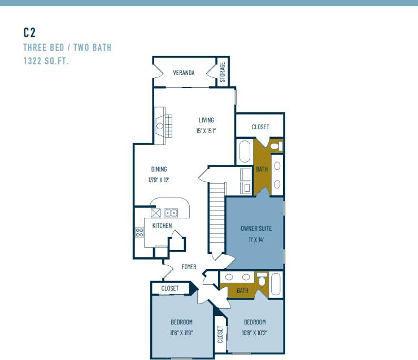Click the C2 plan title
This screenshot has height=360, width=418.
click(30, 32)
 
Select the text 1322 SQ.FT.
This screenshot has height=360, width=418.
click(46, 61)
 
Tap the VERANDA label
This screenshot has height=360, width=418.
click(184, 73)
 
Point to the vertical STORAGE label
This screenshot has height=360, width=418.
click(223, 72)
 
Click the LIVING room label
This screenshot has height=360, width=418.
click(206, 120)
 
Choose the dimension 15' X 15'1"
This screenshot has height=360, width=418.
click(206, 131)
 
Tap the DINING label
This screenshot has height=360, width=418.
click(159, 169)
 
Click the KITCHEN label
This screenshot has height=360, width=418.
click(162, 226)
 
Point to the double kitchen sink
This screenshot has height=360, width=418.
click(171, 213)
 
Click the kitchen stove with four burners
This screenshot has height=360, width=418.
click(139, 232)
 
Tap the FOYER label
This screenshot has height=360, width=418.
click(189, 266)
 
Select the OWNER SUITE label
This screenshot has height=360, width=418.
click(256, 229)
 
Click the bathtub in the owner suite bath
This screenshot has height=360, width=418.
click(245, 152)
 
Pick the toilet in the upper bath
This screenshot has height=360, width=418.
click(276, 146)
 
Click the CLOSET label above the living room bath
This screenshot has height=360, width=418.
click(260, 127)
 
